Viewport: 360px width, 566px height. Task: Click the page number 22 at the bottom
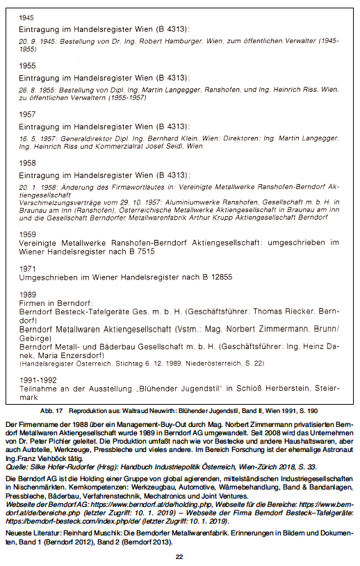point(179,556)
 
